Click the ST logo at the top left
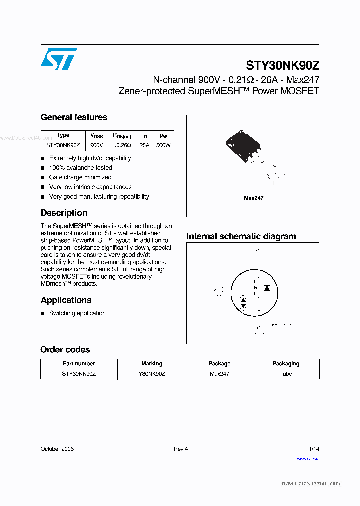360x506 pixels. [x=59, y=59]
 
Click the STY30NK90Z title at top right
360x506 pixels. [x=282, y=66]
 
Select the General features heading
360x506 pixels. [x=74, y=117]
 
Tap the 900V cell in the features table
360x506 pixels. [x=96, y=145]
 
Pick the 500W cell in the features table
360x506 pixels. [x=163, y=145]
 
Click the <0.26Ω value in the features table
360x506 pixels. [x=122, y=145]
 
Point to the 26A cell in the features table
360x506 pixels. [x=144, y=145]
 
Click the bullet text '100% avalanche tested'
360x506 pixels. [x=80, y=168]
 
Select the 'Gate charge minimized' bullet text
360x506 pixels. [x=80, y=177]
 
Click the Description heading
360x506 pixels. [x=64, y=213]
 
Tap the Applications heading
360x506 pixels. [x=66, y=300]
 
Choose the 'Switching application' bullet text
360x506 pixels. [x=77, y=313]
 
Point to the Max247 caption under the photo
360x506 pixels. [x=253, y=198]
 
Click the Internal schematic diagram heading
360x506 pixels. [x=241, y=236]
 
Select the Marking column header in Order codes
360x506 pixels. [x=152, y=364]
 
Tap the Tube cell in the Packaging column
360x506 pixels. [x=286, y=374]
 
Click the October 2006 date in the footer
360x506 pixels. [x=57, y=449]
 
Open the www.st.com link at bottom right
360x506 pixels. [x=308, y=459]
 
